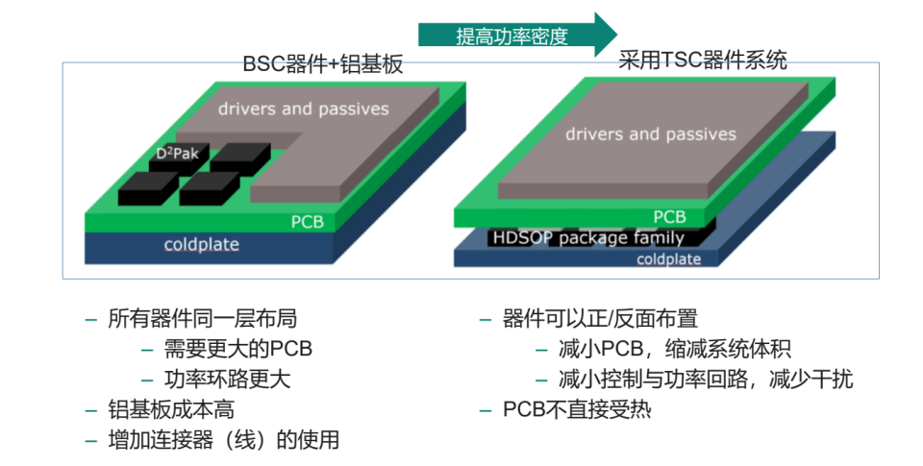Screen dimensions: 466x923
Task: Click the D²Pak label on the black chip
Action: click(x=176, y=153)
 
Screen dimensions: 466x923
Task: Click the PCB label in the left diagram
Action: click(x=308, y=223)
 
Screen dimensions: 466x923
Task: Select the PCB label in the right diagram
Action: click(x=669, y=217)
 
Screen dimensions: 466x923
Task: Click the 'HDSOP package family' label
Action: click(x=588, y=238)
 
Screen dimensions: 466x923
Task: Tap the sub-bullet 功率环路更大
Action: click(x=227, y=379)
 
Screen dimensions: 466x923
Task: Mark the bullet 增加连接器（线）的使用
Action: click(x=223, y=440)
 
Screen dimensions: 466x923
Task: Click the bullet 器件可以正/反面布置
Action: click(x=601, y=319)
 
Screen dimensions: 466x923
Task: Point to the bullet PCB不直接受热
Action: click(x=577, y=409)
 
